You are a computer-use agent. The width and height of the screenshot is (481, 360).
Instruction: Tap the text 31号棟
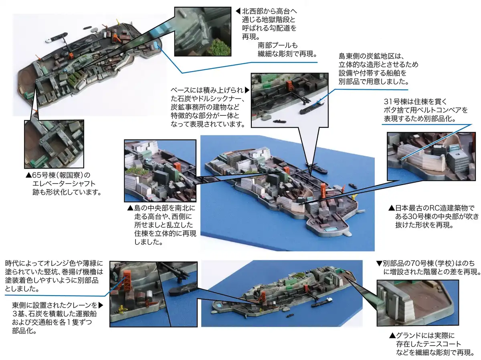click(395, 102)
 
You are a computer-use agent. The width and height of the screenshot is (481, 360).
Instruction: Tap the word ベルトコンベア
click(435, 110)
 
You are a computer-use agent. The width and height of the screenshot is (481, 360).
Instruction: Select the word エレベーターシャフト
click(64, 184)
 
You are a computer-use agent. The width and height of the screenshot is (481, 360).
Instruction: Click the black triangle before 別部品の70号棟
click(379, 263)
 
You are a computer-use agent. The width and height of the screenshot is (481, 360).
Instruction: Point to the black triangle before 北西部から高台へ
click(238, 11)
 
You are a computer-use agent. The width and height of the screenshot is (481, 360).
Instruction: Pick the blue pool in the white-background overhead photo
click(156, 45)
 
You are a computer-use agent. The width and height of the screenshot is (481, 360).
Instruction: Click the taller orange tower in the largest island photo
click(323, 190)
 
